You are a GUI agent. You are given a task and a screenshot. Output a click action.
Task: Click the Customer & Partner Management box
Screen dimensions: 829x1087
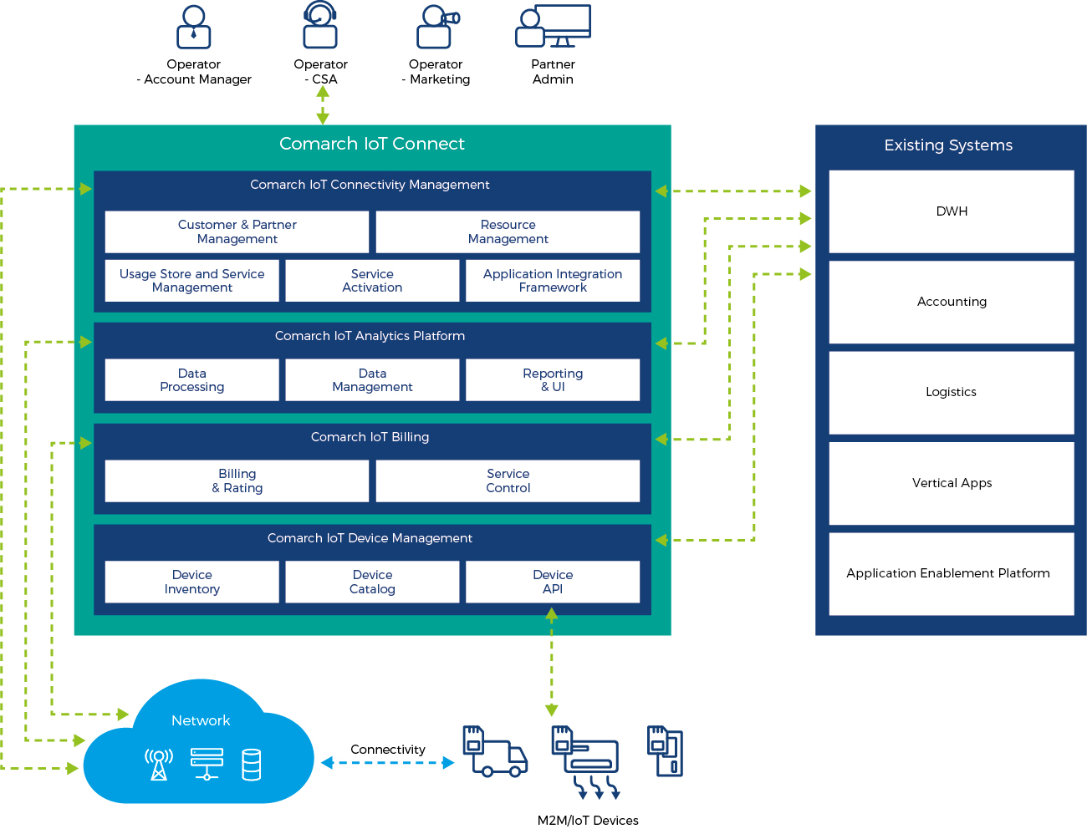coord(237,231)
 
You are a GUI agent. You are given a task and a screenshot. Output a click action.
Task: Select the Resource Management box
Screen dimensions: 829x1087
coord(508,231)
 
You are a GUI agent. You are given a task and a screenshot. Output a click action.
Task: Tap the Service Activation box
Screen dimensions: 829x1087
coord(372,281)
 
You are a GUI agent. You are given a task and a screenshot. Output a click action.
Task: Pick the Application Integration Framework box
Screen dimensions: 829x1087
coord(553,281)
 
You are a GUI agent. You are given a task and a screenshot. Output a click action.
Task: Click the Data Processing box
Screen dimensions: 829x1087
coord(191,380)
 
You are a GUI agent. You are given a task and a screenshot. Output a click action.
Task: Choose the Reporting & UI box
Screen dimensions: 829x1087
coord(553,380)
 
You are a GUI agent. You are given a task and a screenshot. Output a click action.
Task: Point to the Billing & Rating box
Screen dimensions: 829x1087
coord(237,481)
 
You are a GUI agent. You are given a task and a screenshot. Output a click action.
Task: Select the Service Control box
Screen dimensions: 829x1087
coord(508,481)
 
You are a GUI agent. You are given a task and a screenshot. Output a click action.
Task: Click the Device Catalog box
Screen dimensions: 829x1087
coord(372,582)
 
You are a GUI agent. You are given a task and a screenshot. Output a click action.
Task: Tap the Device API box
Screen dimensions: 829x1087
coord(553,582)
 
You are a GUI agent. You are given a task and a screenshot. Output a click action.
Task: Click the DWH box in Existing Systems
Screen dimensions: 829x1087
coord(952,211)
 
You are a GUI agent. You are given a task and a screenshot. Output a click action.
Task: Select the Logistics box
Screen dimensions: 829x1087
coord(952,392)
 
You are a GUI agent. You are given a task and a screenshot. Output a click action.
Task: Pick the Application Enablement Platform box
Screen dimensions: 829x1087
coord(952,573)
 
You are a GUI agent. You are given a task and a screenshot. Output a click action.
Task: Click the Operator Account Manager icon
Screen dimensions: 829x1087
coord(193,28)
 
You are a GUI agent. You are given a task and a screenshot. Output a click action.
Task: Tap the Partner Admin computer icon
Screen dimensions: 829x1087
coord(554,27)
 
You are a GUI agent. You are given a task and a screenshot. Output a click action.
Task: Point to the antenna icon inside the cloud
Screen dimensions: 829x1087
coord(159,764)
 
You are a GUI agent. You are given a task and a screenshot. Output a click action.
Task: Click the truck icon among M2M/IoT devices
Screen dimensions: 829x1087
coord(495,751)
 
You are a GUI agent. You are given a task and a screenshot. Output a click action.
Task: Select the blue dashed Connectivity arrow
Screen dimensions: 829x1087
coord(388,763)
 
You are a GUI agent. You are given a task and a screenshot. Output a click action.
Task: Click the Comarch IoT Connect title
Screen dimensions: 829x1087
coord(372,144)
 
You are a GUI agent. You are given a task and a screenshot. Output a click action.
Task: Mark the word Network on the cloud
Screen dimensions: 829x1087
coord(201,720)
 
